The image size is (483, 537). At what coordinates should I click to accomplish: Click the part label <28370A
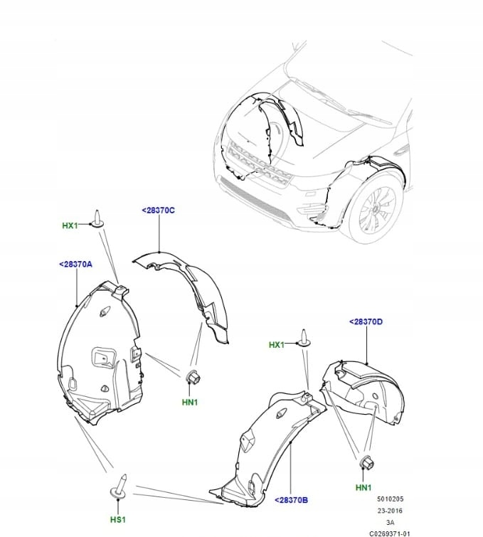click(x=75, y=264)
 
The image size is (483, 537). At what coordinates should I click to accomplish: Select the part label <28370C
click(x=158, y=211)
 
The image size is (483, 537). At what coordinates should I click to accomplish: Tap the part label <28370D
click(x=366, y=321)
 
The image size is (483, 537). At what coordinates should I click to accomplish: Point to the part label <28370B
click(x=291, y=501)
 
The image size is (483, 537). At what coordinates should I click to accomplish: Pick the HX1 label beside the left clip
click(x=70, y=226)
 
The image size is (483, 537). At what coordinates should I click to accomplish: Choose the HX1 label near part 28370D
click(x=277, y=345)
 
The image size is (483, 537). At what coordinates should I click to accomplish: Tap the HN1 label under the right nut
click(x=363, y=487)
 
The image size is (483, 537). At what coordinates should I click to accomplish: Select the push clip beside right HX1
click(x=304, y=339)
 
